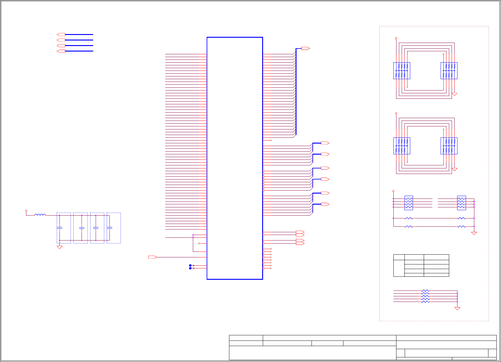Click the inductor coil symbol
[x=40, y=215]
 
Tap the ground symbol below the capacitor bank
[x=59, y=247]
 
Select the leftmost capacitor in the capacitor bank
[x=59, y=228]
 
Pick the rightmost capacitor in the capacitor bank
[x=109, y=228]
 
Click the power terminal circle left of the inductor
[x=26, y=211]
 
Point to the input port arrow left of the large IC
[x=152, y=257]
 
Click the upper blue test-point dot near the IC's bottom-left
[x=190, y=265]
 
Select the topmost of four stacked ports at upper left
[x=61, y=34]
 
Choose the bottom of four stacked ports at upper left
[x=61, y=51]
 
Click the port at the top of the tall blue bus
[x=305, y=48]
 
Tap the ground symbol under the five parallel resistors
[x=457, y=308]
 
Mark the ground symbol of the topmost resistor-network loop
[x=454, y=94]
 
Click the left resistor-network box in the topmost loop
[x=402, y=71]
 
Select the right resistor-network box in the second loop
[x=449, y=146]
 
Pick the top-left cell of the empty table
[x=399, y=257]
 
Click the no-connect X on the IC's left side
[x=199, y=243]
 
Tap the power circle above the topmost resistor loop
[x=396, y=38]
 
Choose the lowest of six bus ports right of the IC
[x=325, y=204]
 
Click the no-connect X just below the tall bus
[x=271, y=140]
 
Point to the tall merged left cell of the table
[x=399, y=268]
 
